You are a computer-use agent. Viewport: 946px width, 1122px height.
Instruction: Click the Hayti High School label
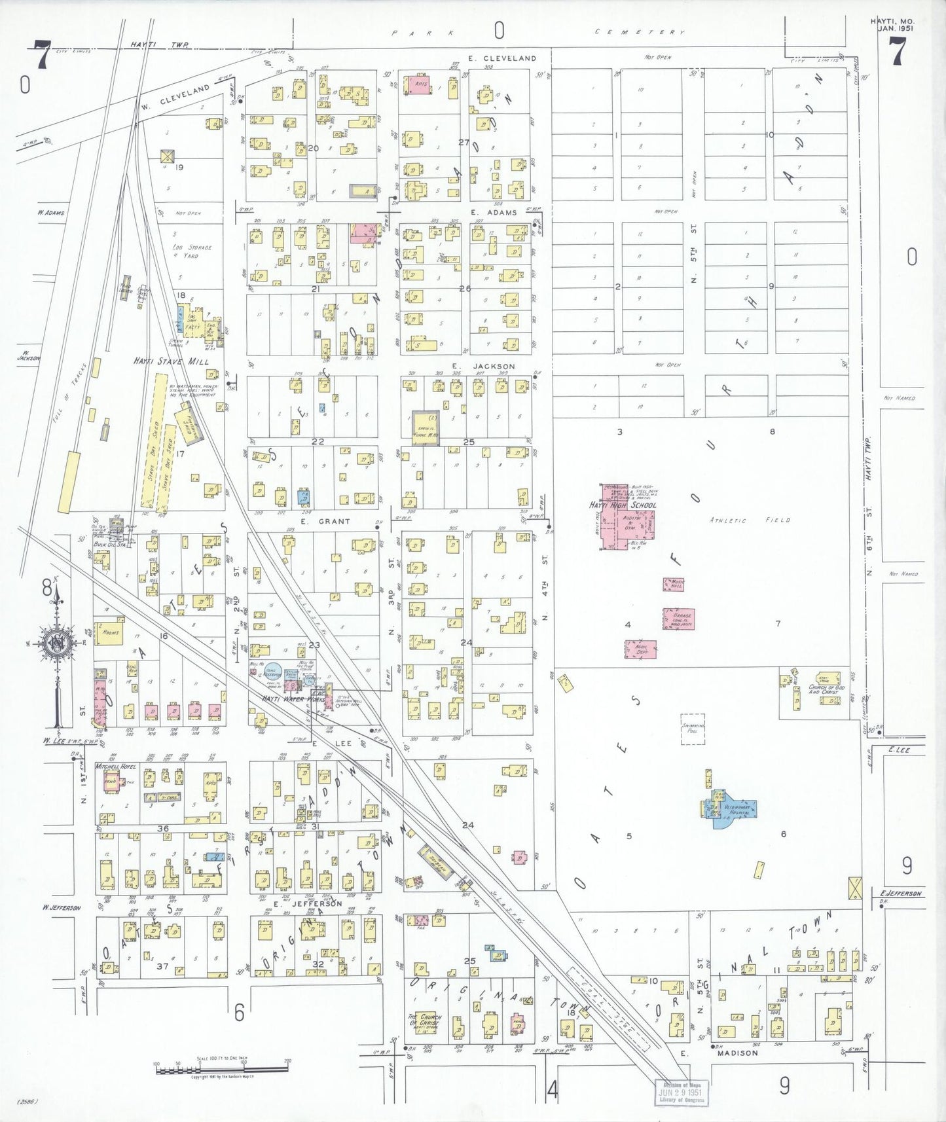(623, 505)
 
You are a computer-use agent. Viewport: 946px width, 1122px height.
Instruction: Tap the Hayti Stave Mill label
(171, 361)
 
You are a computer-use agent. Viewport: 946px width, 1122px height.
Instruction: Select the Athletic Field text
(750, 520)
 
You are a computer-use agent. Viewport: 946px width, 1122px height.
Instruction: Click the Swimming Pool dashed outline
(693, 729)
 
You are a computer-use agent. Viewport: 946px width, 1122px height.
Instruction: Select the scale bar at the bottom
(221, 1069)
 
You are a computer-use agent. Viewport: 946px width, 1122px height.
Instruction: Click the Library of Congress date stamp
(681, 1092)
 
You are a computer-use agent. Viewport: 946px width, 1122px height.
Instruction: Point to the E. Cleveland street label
(510, 58)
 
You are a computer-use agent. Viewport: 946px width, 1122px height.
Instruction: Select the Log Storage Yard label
(191, 251)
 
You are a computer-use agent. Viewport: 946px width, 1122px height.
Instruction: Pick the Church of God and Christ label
(826, 689)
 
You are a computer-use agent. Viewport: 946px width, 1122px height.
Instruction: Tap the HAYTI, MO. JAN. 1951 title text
(892, 24)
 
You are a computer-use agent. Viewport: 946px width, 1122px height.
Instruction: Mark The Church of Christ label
(426, 1021)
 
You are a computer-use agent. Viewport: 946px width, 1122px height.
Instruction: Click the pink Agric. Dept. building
(640, 649)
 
